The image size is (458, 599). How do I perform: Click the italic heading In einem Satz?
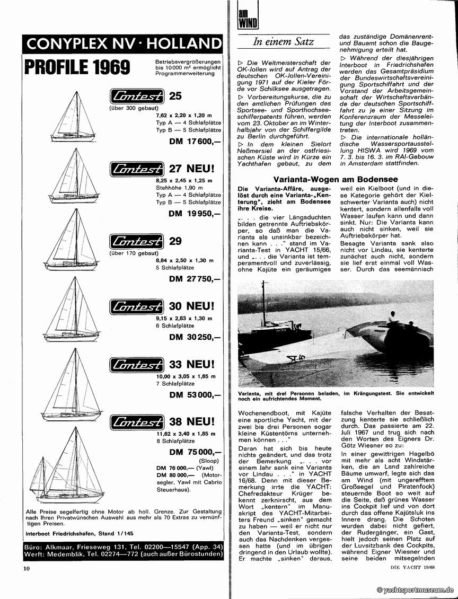pyautogui.click(x=284, y=41)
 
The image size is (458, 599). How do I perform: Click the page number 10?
pyautogui.click(x=27, y=569)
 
